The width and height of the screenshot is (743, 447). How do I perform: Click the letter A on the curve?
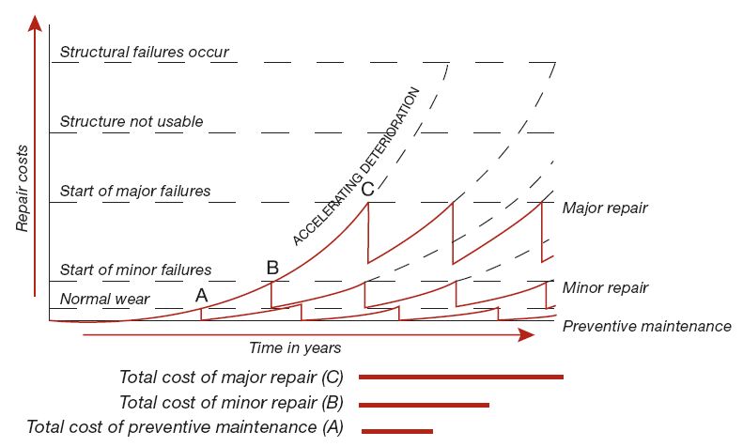coord(201,294)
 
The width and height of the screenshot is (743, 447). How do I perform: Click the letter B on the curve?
coord(272,268)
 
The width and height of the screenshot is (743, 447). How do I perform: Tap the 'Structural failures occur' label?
coord(144,52)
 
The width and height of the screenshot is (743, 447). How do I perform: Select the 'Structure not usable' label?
coord(131,122)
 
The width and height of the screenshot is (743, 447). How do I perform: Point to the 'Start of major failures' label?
coord(134,192)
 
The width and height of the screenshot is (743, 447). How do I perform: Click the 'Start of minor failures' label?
coord(135,270)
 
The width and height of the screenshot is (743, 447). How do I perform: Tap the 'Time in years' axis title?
coord(294,347)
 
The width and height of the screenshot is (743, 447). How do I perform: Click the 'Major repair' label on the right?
coord(604,207)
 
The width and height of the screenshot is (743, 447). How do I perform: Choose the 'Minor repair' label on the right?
coord(604,286)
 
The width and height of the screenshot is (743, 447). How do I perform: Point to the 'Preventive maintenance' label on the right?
coord(646,326)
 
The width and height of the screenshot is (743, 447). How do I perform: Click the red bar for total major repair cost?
coord(460,377)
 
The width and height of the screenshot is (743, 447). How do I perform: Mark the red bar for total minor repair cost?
coord(424,405)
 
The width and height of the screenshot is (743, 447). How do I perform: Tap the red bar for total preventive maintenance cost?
coord(396,431)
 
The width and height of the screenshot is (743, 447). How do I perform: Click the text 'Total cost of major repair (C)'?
coord(232,378)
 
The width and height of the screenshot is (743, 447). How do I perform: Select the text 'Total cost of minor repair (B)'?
coord(232,403)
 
